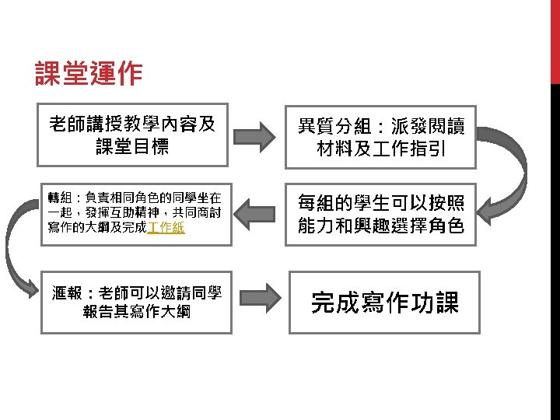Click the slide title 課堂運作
[89, 74]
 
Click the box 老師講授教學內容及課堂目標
[132, 135]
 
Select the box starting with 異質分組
[380, 136]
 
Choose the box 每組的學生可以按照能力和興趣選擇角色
[380, 214]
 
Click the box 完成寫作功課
[384, 302]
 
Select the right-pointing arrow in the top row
[256, 135]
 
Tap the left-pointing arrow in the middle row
[256, 213]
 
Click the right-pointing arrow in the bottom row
[256, 297]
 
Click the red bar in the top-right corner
[555, 39]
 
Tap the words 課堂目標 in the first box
[132, 146]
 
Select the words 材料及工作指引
[380, 148]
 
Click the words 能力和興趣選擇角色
[380, 226]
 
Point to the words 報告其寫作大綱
[136, 312]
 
